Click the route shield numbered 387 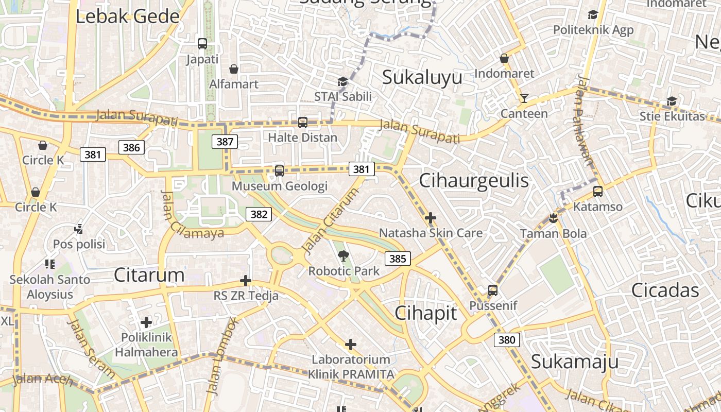pyautogui.click(x=225, y=142)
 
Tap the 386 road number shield pyautogui.click(x=131, y=148)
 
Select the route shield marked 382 pyautogui.click(x=259, y=214)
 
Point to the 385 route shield pyautogui.click(x=398, y=259)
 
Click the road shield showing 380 pyautogui.click(x=507, y=340)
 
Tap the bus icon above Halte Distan pyautogui.click(x=303, y=123)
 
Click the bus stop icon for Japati pyautogui.click(x=202, y=44)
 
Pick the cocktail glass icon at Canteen pyautogui.click(x=524, y=98)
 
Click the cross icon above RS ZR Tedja pyautogui.click(x=246, y=281)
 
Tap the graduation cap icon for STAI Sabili pyautogui.click(x=342, y=81)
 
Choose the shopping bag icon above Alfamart pyautogui.click(x=234, y=69)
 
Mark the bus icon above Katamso pyautogui.click(x=597, y=192)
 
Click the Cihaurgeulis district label pyautogui.click(x=474, y=181)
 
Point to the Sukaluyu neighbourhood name pyautogui.click(x=422, y=78)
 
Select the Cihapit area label pyautogui.click(x=426, y=313)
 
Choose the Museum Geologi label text pyautogui.click(x=280, y=186)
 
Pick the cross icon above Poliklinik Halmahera pyautogui.click(x=146, y=322)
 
